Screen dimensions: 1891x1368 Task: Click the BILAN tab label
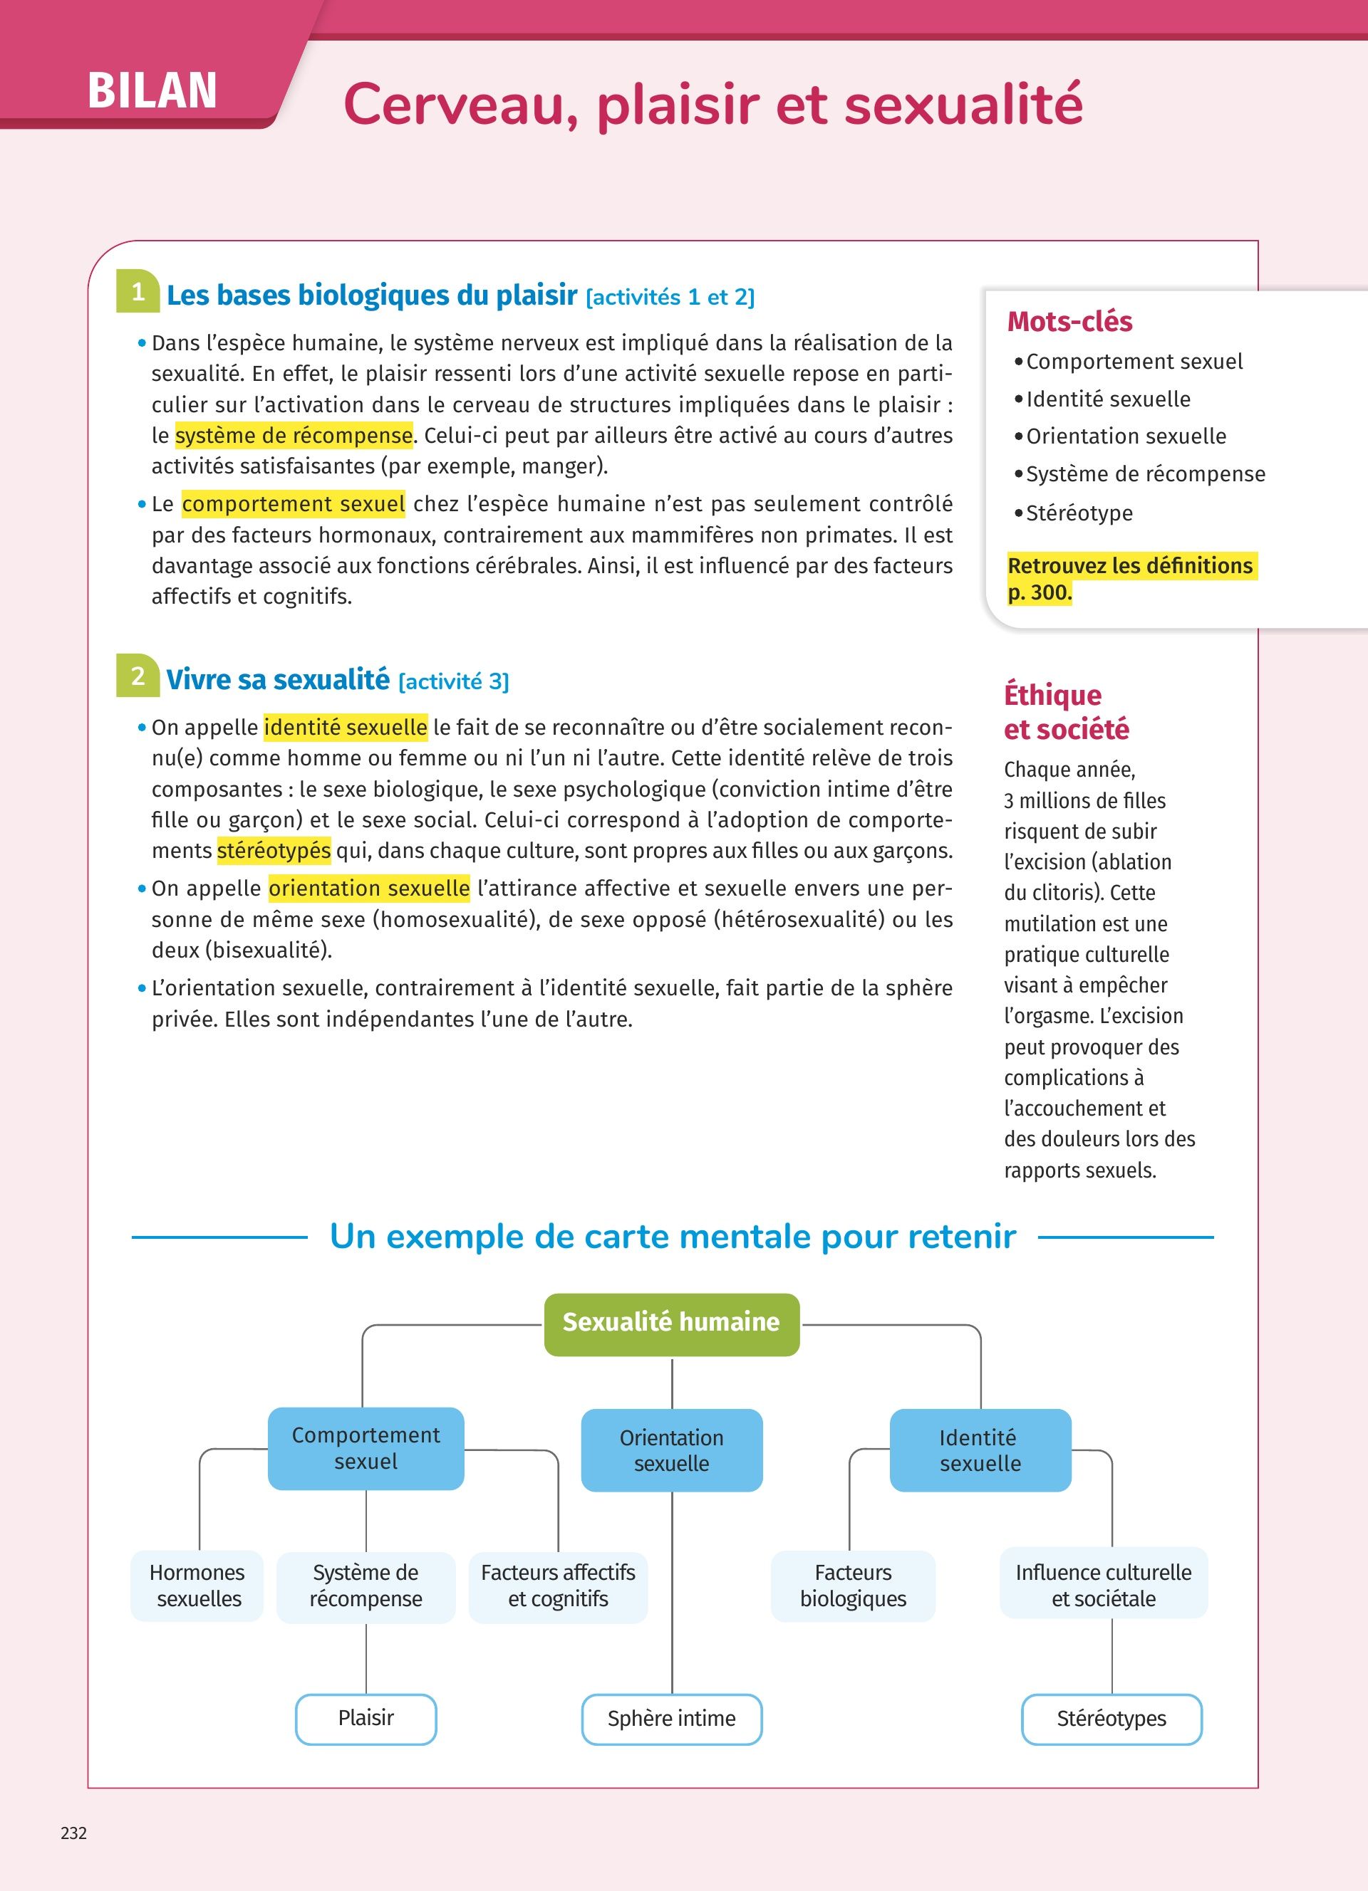[152, 90]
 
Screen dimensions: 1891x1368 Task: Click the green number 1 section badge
[138, 292]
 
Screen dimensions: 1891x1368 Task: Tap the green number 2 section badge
[138, 676]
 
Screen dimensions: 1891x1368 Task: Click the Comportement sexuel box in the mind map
[366, 1448]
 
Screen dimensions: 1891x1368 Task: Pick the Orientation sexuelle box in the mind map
[671, 1451]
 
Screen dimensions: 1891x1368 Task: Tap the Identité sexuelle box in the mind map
[980, 1451]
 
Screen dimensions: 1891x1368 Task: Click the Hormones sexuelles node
[197, 1585]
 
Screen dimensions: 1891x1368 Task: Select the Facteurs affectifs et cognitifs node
[558, 1585]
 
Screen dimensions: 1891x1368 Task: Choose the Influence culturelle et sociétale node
[1103, 1585]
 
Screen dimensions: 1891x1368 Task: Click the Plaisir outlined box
[366, 1719]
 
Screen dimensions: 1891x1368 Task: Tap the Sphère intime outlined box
[671, 1719]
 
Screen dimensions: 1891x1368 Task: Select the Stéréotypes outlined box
[1111, 1719]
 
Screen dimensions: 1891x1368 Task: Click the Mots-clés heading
[1069, 321]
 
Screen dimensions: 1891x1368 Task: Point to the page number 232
[73, 1833]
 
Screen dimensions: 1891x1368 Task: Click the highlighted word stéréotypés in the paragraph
[274, 850]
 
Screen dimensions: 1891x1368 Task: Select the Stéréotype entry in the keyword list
[1079, 513]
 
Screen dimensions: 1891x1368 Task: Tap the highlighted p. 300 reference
[1040, 593]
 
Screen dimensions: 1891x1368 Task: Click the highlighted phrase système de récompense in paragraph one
[294, 435]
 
